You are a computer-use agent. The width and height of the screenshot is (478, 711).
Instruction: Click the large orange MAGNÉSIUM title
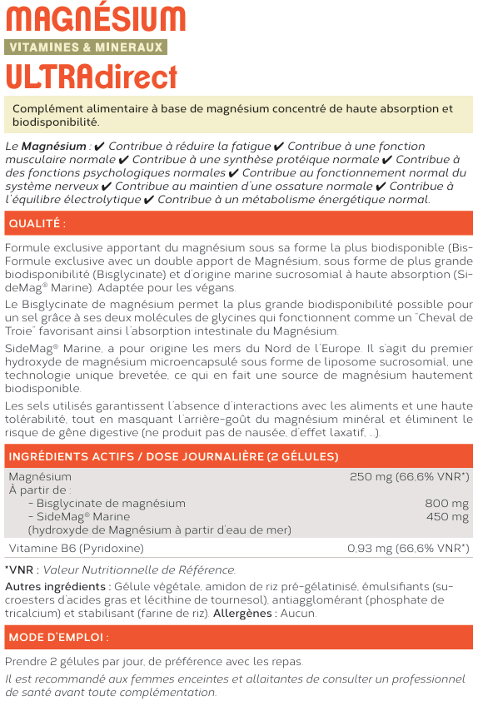(96, 19)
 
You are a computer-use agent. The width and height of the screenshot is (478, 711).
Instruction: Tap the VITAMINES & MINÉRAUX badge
(86, 47)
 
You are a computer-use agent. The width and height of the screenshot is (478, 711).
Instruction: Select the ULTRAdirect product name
(92, 76)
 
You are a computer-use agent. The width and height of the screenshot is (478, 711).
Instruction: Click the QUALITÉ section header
(37, 224)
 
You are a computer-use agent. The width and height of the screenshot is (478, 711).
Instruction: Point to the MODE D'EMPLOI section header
(58, 638)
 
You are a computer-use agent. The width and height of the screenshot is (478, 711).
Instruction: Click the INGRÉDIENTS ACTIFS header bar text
(173, 457)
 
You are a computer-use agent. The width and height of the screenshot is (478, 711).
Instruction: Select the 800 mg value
(447, 504)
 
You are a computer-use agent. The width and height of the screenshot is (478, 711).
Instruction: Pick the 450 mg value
(447, 517)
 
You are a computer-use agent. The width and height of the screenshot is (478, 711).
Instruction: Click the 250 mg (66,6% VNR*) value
(409, 477)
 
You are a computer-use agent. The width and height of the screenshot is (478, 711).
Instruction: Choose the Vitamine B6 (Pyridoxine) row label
(76, 549)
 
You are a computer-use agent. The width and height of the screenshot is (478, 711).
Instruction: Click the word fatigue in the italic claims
(246, 146)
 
